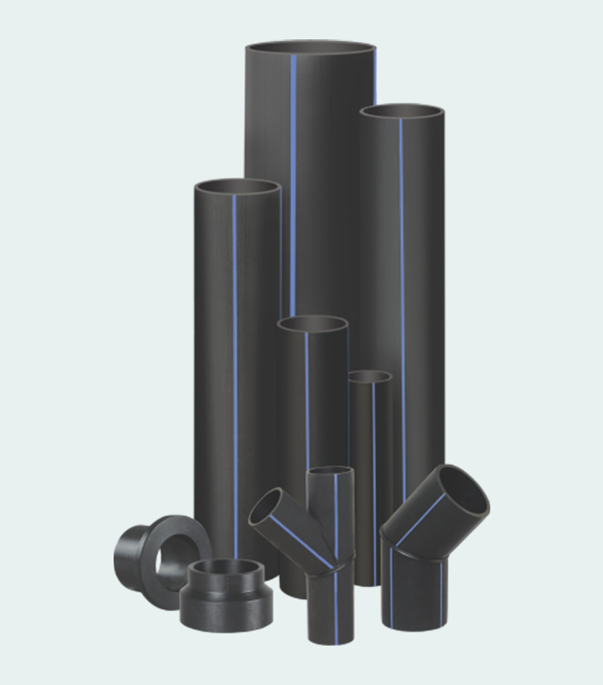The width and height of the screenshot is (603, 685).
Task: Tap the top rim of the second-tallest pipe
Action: coord(402,113)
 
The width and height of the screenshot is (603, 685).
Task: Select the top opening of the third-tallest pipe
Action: coord(238,187)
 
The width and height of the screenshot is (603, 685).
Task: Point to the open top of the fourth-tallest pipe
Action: coord(313,324)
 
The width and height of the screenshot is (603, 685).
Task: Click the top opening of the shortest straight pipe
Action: coord(370,377)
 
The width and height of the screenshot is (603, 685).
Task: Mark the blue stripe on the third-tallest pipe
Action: coord(234,349)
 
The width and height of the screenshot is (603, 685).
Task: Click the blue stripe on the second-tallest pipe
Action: coord(402,288)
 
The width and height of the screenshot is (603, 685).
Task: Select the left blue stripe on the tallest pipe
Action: coord(293,175)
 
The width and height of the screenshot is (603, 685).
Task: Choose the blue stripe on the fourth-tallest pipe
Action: coord(307,393)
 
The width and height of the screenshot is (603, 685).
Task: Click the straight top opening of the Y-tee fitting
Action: coord(330,473)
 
